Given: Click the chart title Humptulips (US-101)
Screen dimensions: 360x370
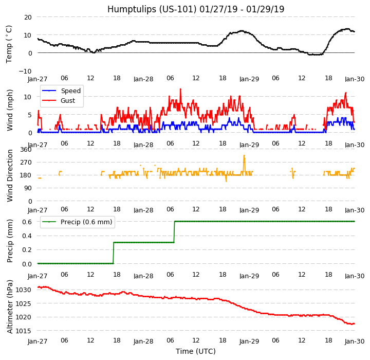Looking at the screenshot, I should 195,9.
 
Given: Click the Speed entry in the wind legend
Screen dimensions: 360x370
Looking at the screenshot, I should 70,91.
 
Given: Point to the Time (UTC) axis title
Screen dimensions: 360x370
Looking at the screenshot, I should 195,351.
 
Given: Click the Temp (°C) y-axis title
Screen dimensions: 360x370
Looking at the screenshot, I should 9,44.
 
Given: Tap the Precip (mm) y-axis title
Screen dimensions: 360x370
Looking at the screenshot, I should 9,241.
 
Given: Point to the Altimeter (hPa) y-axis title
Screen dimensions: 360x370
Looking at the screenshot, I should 9,307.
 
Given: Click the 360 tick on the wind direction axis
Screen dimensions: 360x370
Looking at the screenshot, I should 26,150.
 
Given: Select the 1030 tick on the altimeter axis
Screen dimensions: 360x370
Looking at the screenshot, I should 24,290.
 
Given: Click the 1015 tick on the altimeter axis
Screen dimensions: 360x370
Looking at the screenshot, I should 24,331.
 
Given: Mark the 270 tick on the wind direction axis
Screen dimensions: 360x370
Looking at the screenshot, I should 26,163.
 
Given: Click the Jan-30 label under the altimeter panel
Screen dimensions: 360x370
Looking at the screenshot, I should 355,341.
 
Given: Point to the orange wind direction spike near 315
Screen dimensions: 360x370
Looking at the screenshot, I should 244,156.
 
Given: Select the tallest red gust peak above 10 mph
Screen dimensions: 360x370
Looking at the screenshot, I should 180,89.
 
